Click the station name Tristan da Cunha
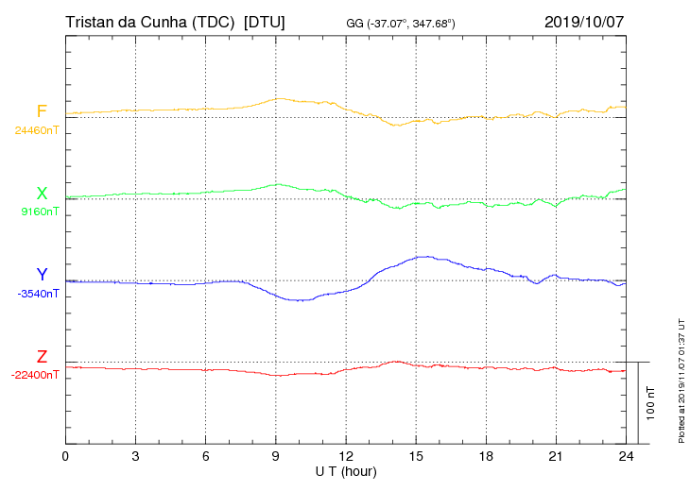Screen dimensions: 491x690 click(149, 22)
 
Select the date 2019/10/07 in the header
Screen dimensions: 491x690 click(584, 22)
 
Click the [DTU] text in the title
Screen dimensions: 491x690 click(264, 22)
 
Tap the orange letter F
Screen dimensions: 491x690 click(42, 112)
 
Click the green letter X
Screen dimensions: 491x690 click(42, 194)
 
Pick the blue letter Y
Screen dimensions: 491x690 click(42, 275)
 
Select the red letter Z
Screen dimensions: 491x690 click(42, 357)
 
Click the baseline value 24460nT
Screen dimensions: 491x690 click(37, 130)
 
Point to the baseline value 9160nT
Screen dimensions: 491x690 click(40, 212)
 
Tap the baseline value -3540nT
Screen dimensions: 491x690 click(38, 294)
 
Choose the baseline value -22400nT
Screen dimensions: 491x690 click(35, 375)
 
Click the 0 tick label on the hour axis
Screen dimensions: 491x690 click(65, 457)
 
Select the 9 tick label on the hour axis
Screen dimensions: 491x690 click(276, 457)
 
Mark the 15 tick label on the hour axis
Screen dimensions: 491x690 click(416, 457)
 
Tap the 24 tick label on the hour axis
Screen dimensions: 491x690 click(626, 457)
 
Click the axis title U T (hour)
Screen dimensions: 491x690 click(346, 471)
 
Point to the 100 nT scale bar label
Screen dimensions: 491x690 click(651, 403)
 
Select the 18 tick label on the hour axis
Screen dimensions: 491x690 click(486, 457)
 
